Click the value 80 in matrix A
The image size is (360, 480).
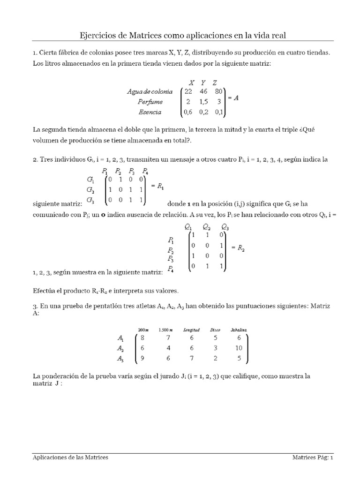219,91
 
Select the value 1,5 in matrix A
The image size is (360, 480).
203,102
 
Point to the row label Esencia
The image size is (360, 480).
150,112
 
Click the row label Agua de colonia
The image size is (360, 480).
150,91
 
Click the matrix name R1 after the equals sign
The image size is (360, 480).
160,186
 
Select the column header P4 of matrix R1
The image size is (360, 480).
146,171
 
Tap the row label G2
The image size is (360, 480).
91,190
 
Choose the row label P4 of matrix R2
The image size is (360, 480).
171,269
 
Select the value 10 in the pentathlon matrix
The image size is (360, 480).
239,348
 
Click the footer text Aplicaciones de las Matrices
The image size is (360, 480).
70,457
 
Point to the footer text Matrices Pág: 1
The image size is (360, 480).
313,457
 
